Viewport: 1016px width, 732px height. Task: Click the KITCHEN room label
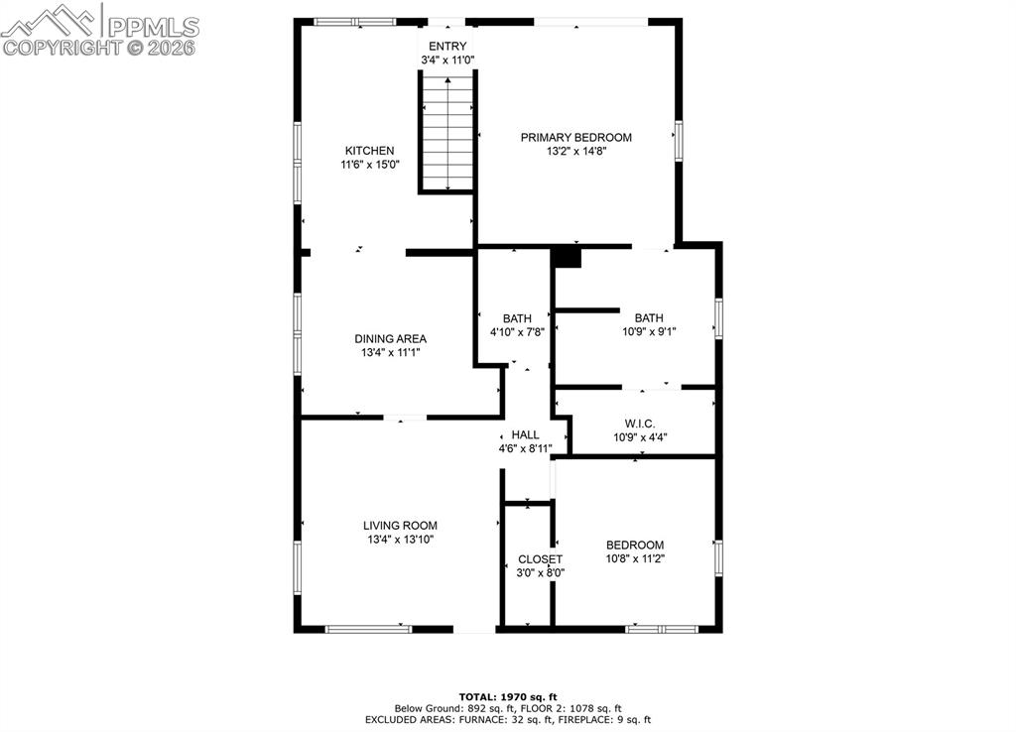(x=369, y=151)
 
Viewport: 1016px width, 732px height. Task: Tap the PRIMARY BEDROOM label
(x=575, y=138)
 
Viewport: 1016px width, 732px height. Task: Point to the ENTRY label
(x=446, y=47)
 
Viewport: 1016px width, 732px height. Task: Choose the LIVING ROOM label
(x=399, y=526)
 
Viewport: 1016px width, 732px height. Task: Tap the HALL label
(x=525, y=434)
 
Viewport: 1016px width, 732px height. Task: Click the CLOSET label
(x=540, y=559)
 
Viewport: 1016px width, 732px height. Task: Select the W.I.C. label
(x=640, y=424)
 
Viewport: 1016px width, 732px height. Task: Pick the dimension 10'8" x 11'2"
(x=635, y=558)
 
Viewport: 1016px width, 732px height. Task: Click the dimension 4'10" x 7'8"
(x=517, y=332)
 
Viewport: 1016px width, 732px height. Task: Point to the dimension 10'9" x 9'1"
(x=649, y=332)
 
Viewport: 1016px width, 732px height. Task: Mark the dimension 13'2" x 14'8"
(x=575, y=152)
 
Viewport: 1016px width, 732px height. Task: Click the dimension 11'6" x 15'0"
(x=369, y=166)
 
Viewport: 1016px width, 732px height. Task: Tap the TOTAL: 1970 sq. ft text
(x=508, y=696)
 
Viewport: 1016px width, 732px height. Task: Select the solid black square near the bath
(x=566, y=257)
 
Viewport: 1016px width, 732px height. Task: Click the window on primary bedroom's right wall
(x=679, y=140)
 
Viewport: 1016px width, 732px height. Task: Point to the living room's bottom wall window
(x=368, y=628)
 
